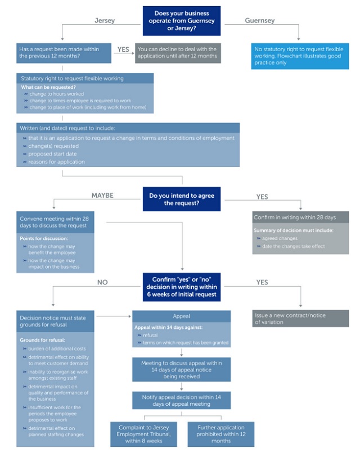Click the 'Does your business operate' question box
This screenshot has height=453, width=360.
click(x=181, y=20)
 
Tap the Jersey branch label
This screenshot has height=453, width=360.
click(x=104, y=21)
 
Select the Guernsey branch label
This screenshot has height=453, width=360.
click(x=260, y=21)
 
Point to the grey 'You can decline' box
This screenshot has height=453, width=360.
click(x=178, y=52)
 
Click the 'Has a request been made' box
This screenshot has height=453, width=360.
click(x=64, y=52)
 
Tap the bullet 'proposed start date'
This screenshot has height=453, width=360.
click(x=53, y=153)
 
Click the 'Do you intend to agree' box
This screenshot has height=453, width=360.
click(x=181, y=200)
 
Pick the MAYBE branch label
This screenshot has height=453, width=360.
click(x=102, y=196)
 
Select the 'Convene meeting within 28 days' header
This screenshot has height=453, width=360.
click(x=55, y=221)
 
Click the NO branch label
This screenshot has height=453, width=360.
click(x=102, y=282)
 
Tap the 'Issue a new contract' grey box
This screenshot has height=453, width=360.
click(x=300, y=319)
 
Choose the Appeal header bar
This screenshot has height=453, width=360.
click(x=181, y=316)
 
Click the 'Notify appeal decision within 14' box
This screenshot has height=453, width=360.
click(x=181, y=401)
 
